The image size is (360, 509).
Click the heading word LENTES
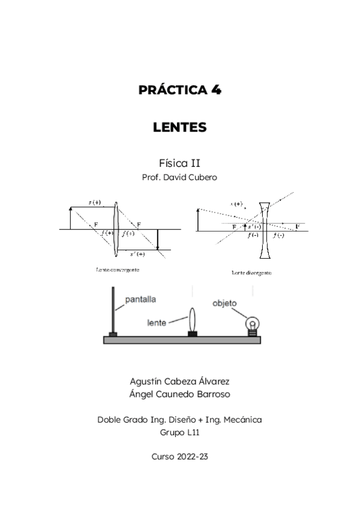pyautogui.click(x=180, y=127)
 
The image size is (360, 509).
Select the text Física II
pyautogui.click(x=179, y=163)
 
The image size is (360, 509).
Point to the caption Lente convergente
pyautogui.click(x=118, y=270)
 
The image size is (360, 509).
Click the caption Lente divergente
pyautogui.click(x=251, y=273)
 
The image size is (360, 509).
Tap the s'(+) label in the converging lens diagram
pyautogui.click(x=137, y=254)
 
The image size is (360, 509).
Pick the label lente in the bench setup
pyautogui.click(x=157, y=322)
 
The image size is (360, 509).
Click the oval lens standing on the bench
pyautogui.click(x=193, y=319)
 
